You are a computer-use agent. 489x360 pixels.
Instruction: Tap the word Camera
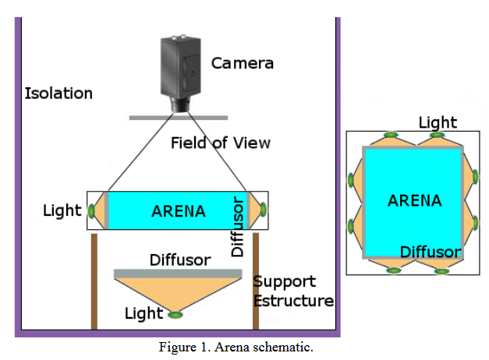(243, 62)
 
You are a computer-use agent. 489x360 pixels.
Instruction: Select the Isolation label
(58, 94)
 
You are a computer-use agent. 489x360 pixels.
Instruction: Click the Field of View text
(221, 143)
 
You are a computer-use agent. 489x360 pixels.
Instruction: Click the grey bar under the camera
(179, 118)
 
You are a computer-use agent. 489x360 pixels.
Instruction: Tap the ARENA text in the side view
(179, 211)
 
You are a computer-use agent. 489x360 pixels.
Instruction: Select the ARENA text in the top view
(414, 200)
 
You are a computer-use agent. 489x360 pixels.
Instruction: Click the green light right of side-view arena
(263, 210)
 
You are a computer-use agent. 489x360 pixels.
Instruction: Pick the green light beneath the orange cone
(176, 314)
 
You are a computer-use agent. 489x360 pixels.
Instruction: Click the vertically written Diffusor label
(238, 226)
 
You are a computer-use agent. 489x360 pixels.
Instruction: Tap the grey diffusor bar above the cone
(178, 274)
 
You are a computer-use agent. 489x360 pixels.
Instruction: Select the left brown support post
(94, 281)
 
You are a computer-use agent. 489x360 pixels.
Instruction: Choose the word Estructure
(293, 300)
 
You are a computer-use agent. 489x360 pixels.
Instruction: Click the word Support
(284, 281)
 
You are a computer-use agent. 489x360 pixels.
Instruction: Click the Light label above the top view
(438, 122)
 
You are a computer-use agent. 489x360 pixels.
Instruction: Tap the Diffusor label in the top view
(431, 252)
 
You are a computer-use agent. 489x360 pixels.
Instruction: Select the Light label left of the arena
(62, 210)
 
